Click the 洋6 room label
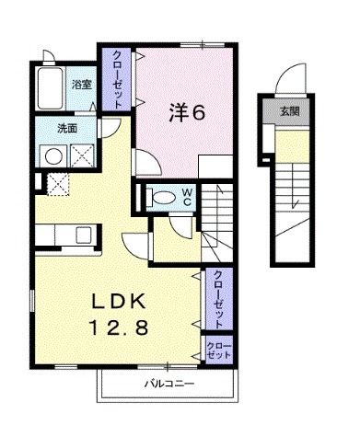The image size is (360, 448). click(x=187, y=113)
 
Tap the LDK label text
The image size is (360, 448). click(x=119, y=302)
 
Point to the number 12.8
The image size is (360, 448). click(x=119, y=327)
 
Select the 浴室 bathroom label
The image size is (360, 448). click(x=82, y=85)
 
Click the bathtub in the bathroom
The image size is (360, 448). click(x=50, y=88)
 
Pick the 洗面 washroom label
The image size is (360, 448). click(x=67, y=129)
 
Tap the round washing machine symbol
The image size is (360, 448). click(x=53, y=156)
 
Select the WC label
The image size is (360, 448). click(x=187, y=197)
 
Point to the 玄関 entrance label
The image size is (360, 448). click(x=290, y=111)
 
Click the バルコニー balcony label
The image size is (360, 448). click(x=169, y=384)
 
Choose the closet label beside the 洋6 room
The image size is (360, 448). click(x=117, y=79)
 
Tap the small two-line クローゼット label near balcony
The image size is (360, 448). click(x=218, y=350)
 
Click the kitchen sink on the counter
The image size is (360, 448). click(x=84, y=235)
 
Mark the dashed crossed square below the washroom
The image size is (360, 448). click(x=58, y=184)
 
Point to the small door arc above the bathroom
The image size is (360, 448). click(x=49, y=55)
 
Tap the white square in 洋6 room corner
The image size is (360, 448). click(x=215, y=167)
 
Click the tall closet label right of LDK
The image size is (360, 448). click(x=218, y=300)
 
